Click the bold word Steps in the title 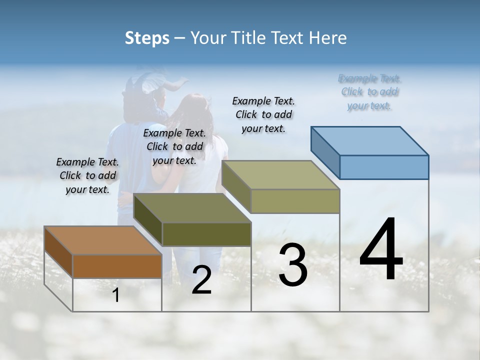[147, 38]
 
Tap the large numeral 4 [381, 250]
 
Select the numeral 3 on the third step [293, 265]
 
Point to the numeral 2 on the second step [201, 280]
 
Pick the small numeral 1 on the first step [116, 295]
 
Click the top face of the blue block [370, 140]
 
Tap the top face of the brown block [102, 240]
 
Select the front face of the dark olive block [206, 234]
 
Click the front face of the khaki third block [295, 201]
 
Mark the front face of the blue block [384, 167]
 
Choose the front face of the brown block [117, 266]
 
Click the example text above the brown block [87, 175]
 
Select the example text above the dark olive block [174, 146]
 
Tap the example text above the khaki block [263, 114]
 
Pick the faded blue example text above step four [369, 92]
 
